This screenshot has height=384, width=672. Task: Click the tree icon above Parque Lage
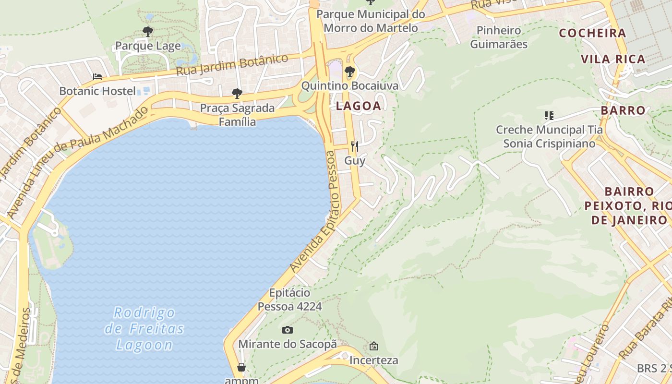pos(148,32)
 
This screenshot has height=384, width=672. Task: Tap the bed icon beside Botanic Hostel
pos(97,77)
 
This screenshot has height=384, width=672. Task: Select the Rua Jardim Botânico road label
pos(232,64)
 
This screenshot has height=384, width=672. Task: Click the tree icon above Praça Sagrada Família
pos(237,94)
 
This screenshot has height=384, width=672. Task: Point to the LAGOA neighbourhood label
pos(358,106)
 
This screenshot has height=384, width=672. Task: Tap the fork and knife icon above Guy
pos(355,146)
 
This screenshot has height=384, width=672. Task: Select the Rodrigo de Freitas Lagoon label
pos(144,329)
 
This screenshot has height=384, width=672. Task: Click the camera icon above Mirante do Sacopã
pos(288,330)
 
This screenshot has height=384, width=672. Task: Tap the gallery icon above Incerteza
pos(373,346)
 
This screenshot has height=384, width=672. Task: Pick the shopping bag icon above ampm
pos(241,368)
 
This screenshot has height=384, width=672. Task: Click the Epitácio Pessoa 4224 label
pos(289,300)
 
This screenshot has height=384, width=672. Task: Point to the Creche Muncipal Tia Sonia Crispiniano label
pos(549,136)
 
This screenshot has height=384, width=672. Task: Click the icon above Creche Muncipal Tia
pos(549,115)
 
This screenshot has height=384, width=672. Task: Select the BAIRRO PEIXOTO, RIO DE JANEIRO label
pos(629,206)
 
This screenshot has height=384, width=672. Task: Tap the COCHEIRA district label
pos(592,33)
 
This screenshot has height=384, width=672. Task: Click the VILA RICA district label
pos(613,60)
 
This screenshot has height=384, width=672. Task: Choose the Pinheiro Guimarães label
pos(499,37)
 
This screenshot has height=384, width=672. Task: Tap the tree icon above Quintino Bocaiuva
pos(350,72)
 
